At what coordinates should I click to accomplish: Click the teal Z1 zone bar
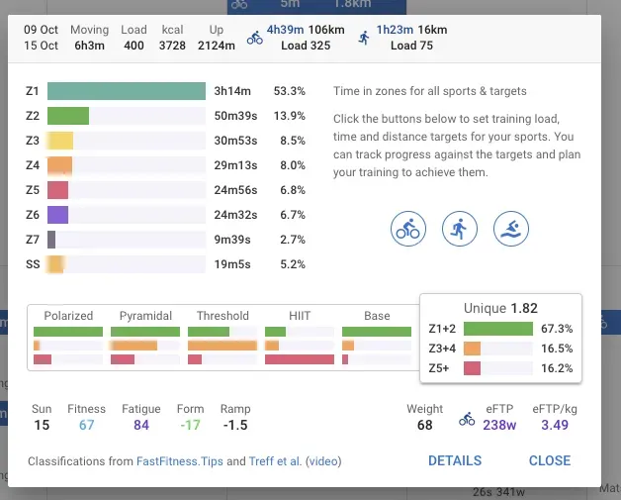click(x=126, y=91)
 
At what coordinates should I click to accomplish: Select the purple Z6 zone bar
click(x=58, y=215)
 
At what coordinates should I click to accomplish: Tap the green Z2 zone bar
click(x=68, y=116)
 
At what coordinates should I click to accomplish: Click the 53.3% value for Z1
click(x=290, y=91)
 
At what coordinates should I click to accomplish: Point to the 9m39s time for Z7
click(x=235, y=240)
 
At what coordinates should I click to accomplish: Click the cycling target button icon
click(x=408, y=229)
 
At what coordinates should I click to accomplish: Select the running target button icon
click(x=460, y=229)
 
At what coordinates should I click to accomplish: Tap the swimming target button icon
click(x=511, y=229)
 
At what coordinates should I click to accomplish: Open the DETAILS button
click(x=455, y=460)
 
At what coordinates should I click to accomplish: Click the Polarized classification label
click(x=68, y=316)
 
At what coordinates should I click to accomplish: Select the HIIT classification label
click(x=300, y=316)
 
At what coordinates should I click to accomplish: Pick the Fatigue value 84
click(x=140, y=426)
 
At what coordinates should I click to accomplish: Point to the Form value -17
click(x=190, y=426)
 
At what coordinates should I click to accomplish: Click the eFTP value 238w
click(x=500, y=426)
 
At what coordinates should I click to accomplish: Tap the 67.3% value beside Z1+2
click(x=558, y=329)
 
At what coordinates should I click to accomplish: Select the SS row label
click(x=34, y=264)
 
